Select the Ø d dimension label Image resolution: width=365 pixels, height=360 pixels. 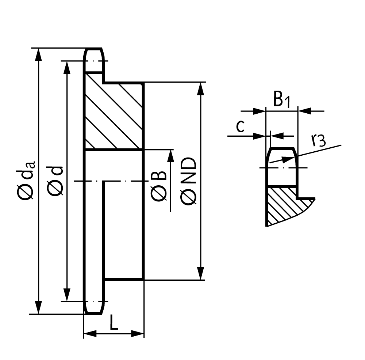tap(55, 181)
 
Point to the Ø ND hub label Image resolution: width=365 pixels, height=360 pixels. tap(188, 181)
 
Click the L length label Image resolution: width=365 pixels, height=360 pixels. tap(114, 322)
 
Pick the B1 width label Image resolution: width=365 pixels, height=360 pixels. tap(282, 99)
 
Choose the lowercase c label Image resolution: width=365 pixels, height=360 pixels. tap(240, 126)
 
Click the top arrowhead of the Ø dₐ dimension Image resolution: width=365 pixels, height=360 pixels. tap(39, 55)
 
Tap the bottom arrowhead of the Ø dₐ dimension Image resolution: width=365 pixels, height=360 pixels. tap(39, 307)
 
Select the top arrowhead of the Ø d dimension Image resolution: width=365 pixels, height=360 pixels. tap(67, 68)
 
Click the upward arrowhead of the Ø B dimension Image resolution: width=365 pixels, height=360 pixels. tap(170, 156)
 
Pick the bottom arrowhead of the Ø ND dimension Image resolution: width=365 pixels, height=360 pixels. tap(200, 273)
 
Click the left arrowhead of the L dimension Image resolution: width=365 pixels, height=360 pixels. tap(90, 334)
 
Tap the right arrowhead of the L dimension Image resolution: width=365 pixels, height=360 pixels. tap(138, 334)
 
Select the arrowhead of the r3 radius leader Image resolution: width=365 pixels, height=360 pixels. tap(289, 159)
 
